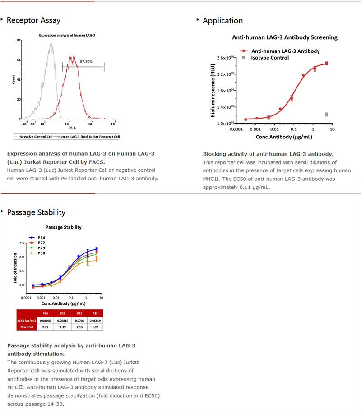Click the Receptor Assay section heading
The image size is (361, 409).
[33, 20]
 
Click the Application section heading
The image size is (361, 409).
[222, 20]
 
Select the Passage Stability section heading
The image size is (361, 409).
[36, 212]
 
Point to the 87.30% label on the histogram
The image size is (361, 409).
[86, 61]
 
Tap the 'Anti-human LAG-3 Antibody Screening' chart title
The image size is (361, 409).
[285, 37]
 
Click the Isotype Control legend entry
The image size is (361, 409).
[270, 58]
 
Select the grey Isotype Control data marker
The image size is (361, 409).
[326, 115]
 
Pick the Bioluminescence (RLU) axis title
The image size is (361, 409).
[213, 90]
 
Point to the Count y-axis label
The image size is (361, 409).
[13, 80]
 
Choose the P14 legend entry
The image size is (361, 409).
[41, 237]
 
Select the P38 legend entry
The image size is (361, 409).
[41, 253]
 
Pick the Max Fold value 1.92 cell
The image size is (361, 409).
[95, 327]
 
